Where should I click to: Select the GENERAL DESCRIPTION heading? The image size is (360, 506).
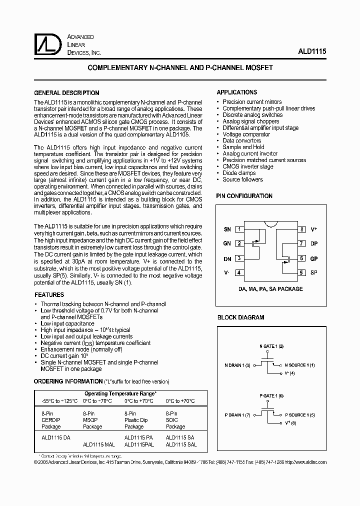click(66, 93)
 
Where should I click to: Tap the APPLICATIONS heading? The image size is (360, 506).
click(236, 92)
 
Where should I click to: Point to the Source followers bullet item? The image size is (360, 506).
click(242, 179)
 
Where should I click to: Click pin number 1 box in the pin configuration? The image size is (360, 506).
click(239, 229)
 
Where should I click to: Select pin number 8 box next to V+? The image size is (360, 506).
click(302, 229)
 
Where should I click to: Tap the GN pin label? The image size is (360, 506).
click(227, 244)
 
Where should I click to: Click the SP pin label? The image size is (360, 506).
click(314, 273)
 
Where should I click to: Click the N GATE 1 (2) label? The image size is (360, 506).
click(271, 346)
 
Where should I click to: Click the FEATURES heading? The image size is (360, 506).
click(48, 295)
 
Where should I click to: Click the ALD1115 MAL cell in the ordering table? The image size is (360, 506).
click(99, 444)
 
